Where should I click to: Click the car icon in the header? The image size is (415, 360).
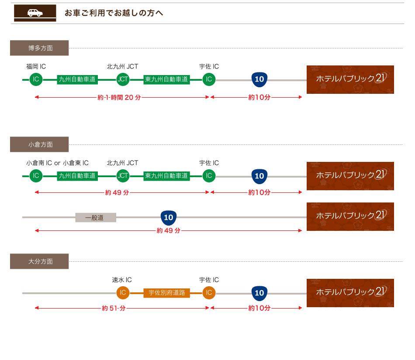[x=35, y=13]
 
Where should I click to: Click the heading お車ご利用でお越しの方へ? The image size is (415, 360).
[x=114, y=13]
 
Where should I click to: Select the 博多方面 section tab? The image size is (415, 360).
[x=39, y=48]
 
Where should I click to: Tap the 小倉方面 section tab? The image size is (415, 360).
[x=39, y=144]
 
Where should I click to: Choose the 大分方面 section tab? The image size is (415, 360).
[x=39, y=261]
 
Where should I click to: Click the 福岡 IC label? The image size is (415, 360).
[x=36, y=67]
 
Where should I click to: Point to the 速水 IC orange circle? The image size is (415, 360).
[x=123, y=293]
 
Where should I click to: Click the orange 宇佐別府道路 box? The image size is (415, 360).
[x=166, y=293]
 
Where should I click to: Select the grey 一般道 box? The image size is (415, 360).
[x=96, y=217]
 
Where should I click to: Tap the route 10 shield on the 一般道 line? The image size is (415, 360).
[x=169, y=217]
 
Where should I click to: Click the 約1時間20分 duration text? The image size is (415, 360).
[x=119, y=97]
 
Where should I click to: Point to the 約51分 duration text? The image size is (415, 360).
[x=114, y=308]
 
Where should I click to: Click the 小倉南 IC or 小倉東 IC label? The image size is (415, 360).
[x=57, y=163]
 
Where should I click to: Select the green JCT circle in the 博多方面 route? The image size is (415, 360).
[x=123, y=79]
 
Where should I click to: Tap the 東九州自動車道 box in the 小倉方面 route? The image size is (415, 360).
[x=166, y=176]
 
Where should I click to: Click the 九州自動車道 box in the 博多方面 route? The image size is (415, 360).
[x=77, y=79]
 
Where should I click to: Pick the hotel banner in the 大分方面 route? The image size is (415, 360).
[x=350, y=293]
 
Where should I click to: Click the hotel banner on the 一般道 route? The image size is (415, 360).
[x=350, y=216]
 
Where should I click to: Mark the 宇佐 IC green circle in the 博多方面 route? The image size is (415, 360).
[x=209, y=79]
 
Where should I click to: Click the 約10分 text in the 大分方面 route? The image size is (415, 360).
[x=259, y=308]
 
